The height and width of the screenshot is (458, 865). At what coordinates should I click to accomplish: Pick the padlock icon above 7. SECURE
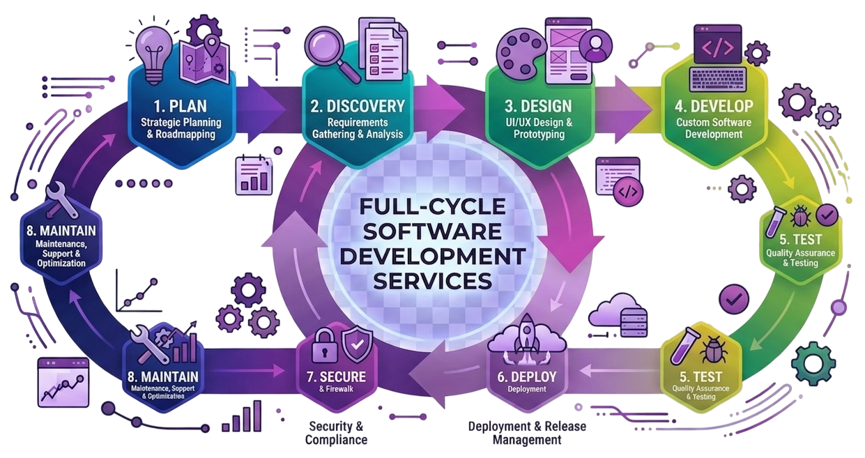pyautogui.click(x=324, y=346)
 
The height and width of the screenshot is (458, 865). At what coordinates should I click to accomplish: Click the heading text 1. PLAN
pyautogui.click(x=179, y=107)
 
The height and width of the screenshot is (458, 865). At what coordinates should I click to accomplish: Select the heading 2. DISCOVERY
pyautogui.click(x=357, y=106)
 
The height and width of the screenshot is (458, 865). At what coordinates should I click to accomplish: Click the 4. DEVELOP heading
pyautogui.click(x=715, y=107)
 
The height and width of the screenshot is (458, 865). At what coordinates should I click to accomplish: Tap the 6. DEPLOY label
pyautogui.click(x=527, y=376)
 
